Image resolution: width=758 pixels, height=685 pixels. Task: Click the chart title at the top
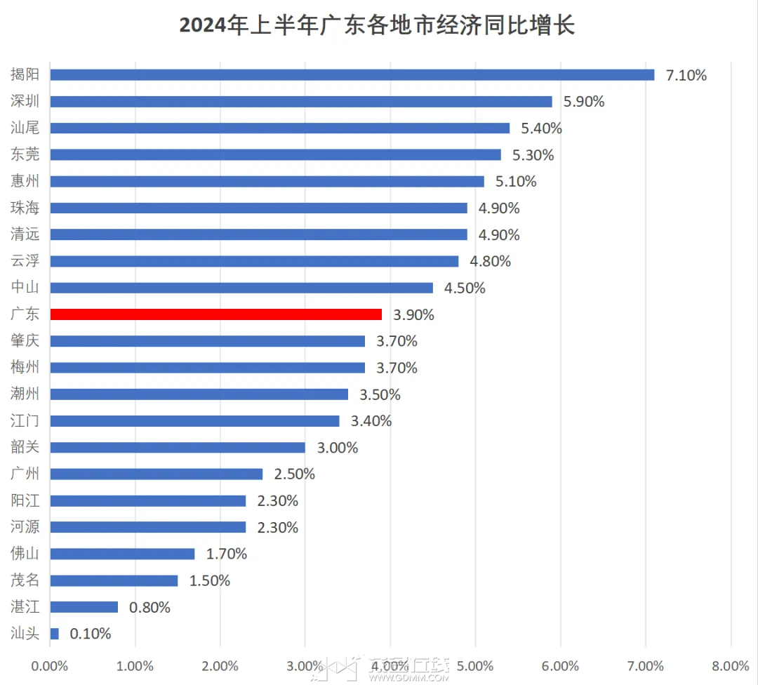pyautogui.click(x=377, y=25)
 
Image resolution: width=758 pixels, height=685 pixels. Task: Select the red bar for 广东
pyautogui.click(x=216, y=314)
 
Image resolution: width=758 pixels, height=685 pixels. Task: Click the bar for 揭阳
pyautogui.click(x=352, y=75)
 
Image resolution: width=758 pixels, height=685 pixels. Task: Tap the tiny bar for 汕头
pyautogui.click(x=55, y=633)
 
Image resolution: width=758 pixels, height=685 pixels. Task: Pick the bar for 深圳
pyautogui.click(x=301, y=102)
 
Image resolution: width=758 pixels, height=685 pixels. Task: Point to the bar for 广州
pyautogui.click(x=157, y=474)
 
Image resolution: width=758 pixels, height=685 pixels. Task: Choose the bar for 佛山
pyautogui.click(x=122, y=554)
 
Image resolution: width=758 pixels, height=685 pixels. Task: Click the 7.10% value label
pyautogui.click(x=686, y=75)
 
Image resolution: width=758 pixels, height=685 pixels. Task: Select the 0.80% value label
pyautogui.click(x=150, y=607)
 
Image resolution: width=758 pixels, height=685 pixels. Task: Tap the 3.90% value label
pyautogui.click(x=413, y=314)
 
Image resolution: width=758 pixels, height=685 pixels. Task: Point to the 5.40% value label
pyautogui.click(x=541, y=128)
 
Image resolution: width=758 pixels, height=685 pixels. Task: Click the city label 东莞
pyautogui.click(x=25, y=154)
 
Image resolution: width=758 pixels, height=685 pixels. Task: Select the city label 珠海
pyautogui.click(x=25, y=207)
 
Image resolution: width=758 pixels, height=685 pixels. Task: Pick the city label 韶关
pyautogui.click(x=25, y=446)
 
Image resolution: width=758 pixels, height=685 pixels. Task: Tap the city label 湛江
pyautogui.click(x=25, y=606)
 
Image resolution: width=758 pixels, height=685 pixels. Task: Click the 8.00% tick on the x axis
pyautogui.click(x=731, y=666)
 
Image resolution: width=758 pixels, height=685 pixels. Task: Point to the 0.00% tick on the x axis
pyautogui.click(x=50, y=666)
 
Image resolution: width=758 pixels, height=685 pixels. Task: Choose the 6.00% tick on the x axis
pyautogui.click(x=560, y=666)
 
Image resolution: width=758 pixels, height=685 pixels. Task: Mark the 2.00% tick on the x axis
pyautogui.click(x=220, y=666)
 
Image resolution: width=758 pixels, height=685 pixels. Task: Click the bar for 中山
pyautogui.click(x=241, y=288)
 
